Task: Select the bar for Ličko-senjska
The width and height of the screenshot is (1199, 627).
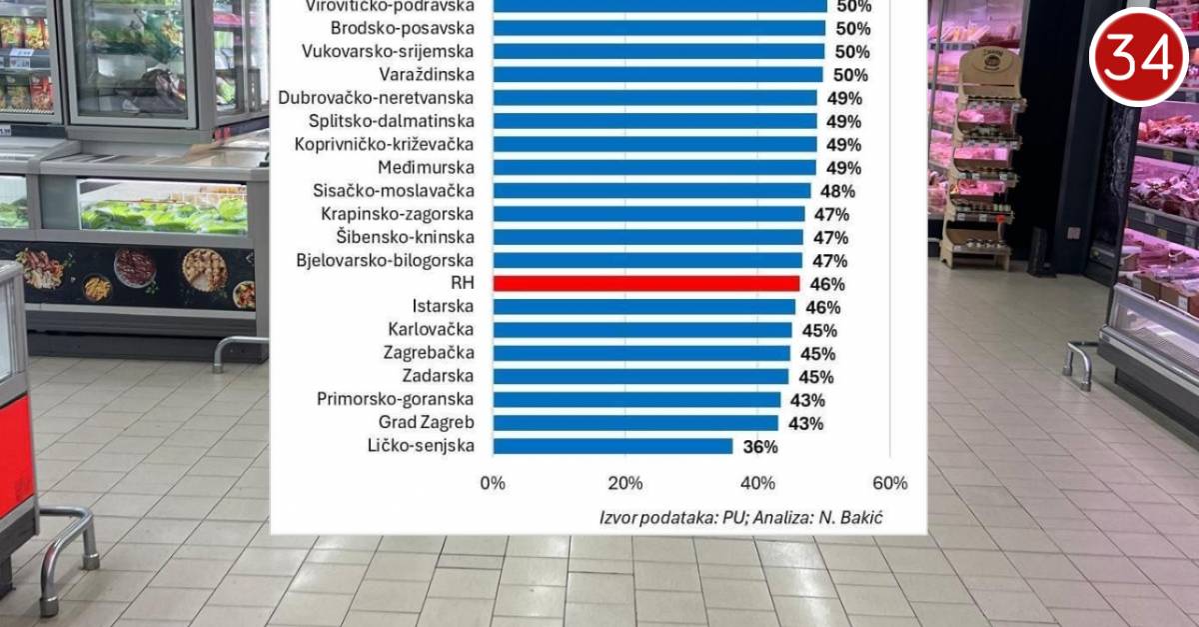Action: coord(612,446)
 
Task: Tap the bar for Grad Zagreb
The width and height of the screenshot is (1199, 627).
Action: coord(635,423)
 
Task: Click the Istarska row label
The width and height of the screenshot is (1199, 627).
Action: coord(444,306)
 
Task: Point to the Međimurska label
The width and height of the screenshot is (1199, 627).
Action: coord(427,167)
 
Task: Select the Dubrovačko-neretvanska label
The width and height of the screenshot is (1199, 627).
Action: coord(377,98)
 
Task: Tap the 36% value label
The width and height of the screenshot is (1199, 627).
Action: coord(760,447)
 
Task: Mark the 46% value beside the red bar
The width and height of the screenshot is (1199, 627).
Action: coord(827,284)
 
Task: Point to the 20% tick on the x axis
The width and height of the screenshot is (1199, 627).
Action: coord(625,483)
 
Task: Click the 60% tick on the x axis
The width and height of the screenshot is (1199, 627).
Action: coord(889,483)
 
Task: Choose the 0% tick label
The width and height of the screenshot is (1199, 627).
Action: coord(493,483)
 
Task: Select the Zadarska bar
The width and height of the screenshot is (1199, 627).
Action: coord(640,376)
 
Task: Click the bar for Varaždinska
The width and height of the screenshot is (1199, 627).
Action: coord(657,74)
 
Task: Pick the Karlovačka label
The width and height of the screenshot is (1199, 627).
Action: coord(432,330)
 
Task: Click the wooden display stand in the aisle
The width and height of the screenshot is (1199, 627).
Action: coord(983,160)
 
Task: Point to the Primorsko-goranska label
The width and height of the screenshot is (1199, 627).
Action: coord(396,399)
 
